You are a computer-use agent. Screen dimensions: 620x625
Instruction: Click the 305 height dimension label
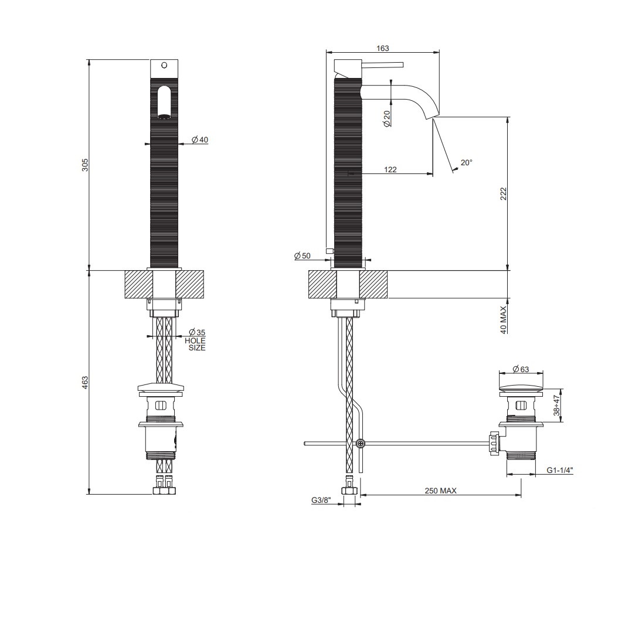click(85, 165)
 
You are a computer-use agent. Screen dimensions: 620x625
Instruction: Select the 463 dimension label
click(85, 382)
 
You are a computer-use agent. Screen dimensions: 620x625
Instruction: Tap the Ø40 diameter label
click(200, 140)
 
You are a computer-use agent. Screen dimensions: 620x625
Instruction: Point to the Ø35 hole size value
click(197, 333)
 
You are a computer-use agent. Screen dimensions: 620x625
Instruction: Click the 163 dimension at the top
click(383, 49)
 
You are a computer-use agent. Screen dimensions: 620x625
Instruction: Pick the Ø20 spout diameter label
click(387, 119)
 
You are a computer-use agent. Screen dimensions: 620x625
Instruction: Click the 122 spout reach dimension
click(390, 170)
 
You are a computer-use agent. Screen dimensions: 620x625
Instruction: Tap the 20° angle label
click(466, 163)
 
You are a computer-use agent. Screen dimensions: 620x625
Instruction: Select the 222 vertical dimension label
click(503, 193)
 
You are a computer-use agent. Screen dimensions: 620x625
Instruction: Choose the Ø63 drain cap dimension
click(521, 369)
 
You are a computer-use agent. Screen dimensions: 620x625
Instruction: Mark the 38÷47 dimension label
click(558, 404)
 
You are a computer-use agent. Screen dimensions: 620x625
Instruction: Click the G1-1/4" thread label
click(559, 470)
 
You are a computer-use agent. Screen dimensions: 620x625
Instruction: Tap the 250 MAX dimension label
click(440, 491)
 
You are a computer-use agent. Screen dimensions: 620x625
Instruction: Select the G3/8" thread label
click(321, 500)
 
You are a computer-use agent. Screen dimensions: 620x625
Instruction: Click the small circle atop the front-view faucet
click(164, 65)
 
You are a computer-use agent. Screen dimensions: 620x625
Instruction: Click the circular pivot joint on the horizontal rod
click(359, 444)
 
